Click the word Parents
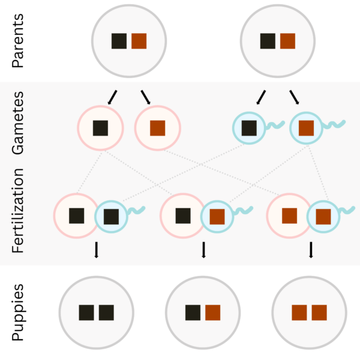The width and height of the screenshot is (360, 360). tap(17, 41)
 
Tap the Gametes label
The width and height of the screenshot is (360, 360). tap(17, 123)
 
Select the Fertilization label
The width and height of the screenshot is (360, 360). tap(17, 211)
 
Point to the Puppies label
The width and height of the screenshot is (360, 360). tap(17, 312)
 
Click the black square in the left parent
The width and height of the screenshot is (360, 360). tap(119, 41)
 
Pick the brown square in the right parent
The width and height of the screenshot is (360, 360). tap(287, 41)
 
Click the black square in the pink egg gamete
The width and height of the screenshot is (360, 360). tap(101, 128)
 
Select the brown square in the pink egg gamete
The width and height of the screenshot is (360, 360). tap(157, 128)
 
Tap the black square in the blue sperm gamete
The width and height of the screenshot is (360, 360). tap(250, 128)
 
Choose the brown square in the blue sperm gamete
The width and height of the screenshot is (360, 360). tap(306, 128)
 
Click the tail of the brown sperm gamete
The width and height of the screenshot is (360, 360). tap(334, 124)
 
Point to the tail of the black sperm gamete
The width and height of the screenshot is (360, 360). tap(275, 125)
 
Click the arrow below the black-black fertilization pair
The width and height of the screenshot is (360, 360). tap(97, 250)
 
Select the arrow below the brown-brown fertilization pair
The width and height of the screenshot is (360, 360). tap(311, 250)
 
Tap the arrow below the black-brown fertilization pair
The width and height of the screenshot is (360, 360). tap(203, 250)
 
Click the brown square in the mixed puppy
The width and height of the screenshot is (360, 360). tap(213, 313)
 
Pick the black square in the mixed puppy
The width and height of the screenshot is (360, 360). tap(193, 313)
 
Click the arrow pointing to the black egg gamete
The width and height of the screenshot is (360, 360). tap(112, 97)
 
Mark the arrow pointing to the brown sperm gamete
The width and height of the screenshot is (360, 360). tap(295, 97)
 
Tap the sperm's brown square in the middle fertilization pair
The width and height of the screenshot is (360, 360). tap(217, 217)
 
